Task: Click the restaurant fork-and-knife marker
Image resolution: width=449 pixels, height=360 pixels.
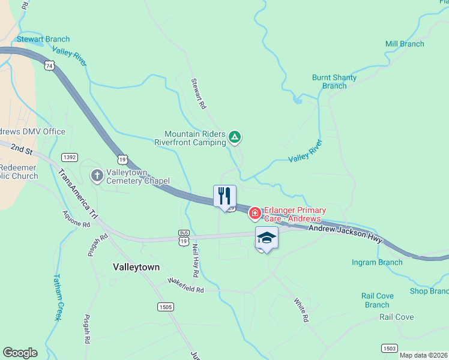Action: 224,196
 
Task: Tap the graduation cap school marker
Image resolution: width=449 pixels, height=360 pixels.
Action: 267,238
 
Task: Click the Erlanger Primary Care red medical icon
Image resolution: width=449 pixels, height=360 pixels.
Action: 255,213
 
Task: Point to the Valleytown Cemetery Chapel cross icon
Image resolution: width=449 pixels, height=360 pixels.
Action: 97,176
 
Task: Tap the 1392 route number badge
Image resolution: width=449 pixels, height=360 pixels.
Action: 69,157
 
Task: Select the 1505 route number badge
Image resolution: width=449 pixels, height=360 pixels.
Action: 166,307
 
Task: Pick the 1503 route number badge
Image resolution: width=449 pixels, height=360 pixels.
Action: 389,348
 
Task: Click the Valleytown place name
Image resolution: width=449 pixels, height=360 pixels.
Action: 136,267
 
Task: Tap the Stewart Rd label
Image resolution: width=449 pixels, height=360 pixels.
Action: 199,94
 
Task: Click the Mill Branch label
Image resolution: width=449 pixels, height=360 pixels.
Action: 405,44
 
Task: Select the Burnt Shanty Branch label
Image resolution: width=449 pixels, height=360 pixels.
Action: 334,82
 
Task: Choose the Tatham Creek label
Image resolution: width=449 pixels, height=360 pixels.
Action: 57,298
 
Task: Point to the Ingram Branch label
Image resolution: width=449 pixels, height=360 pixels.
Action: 378,262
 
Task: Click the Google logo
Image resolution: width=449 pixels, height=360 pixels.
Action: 20,353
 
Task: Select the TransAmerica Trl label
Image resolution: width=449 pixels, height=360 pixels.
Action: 77,194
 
